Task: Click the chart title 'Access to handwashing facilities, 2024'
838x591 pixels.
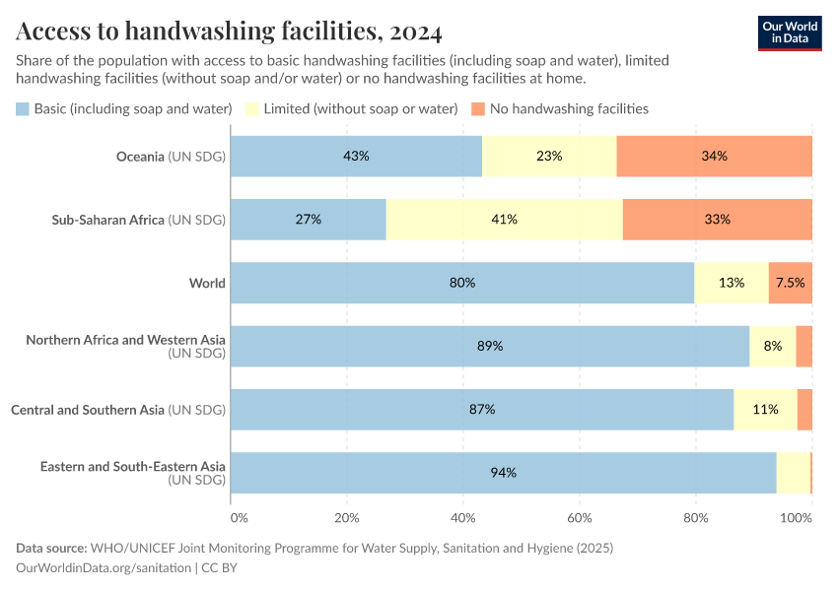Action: point(229,32)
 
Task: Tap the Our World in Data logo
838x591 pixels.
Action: point(790,33)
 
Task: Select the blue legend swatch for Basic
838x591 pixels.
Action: point(23,108)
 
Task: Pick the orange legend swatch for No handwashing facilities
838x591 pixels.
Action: point(478,108)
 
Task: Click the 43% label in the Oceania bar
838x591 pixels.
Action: point(356,156)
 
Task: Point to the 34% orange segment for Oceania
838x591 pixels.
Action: point(714,156)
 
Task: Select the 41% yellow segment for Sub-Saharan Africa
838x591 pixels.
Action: point(504,220)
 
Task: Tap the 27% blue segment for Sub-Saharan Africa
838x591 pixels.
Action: point(309,220)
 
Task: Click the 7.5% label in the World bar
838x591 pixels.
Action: point(790,283)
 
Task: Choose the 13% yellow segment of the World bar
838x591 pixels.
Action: point(732,283)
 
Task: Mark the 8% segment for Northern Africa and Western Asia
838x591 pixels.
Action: point(772,346)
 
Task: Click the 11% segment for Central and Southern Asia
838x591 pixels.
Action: point(766,409)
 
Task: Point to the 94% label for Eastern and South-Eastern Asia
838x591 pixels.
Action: point(503,473)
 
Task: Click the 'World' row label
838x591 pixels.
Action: point(207,283)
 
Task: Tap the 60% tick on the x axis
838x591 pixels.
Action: point(579,517)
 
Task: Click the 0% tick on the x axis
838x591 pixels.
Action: point(239,517)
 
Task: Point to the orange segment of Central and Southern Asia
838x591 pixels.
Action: point(804,409)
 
